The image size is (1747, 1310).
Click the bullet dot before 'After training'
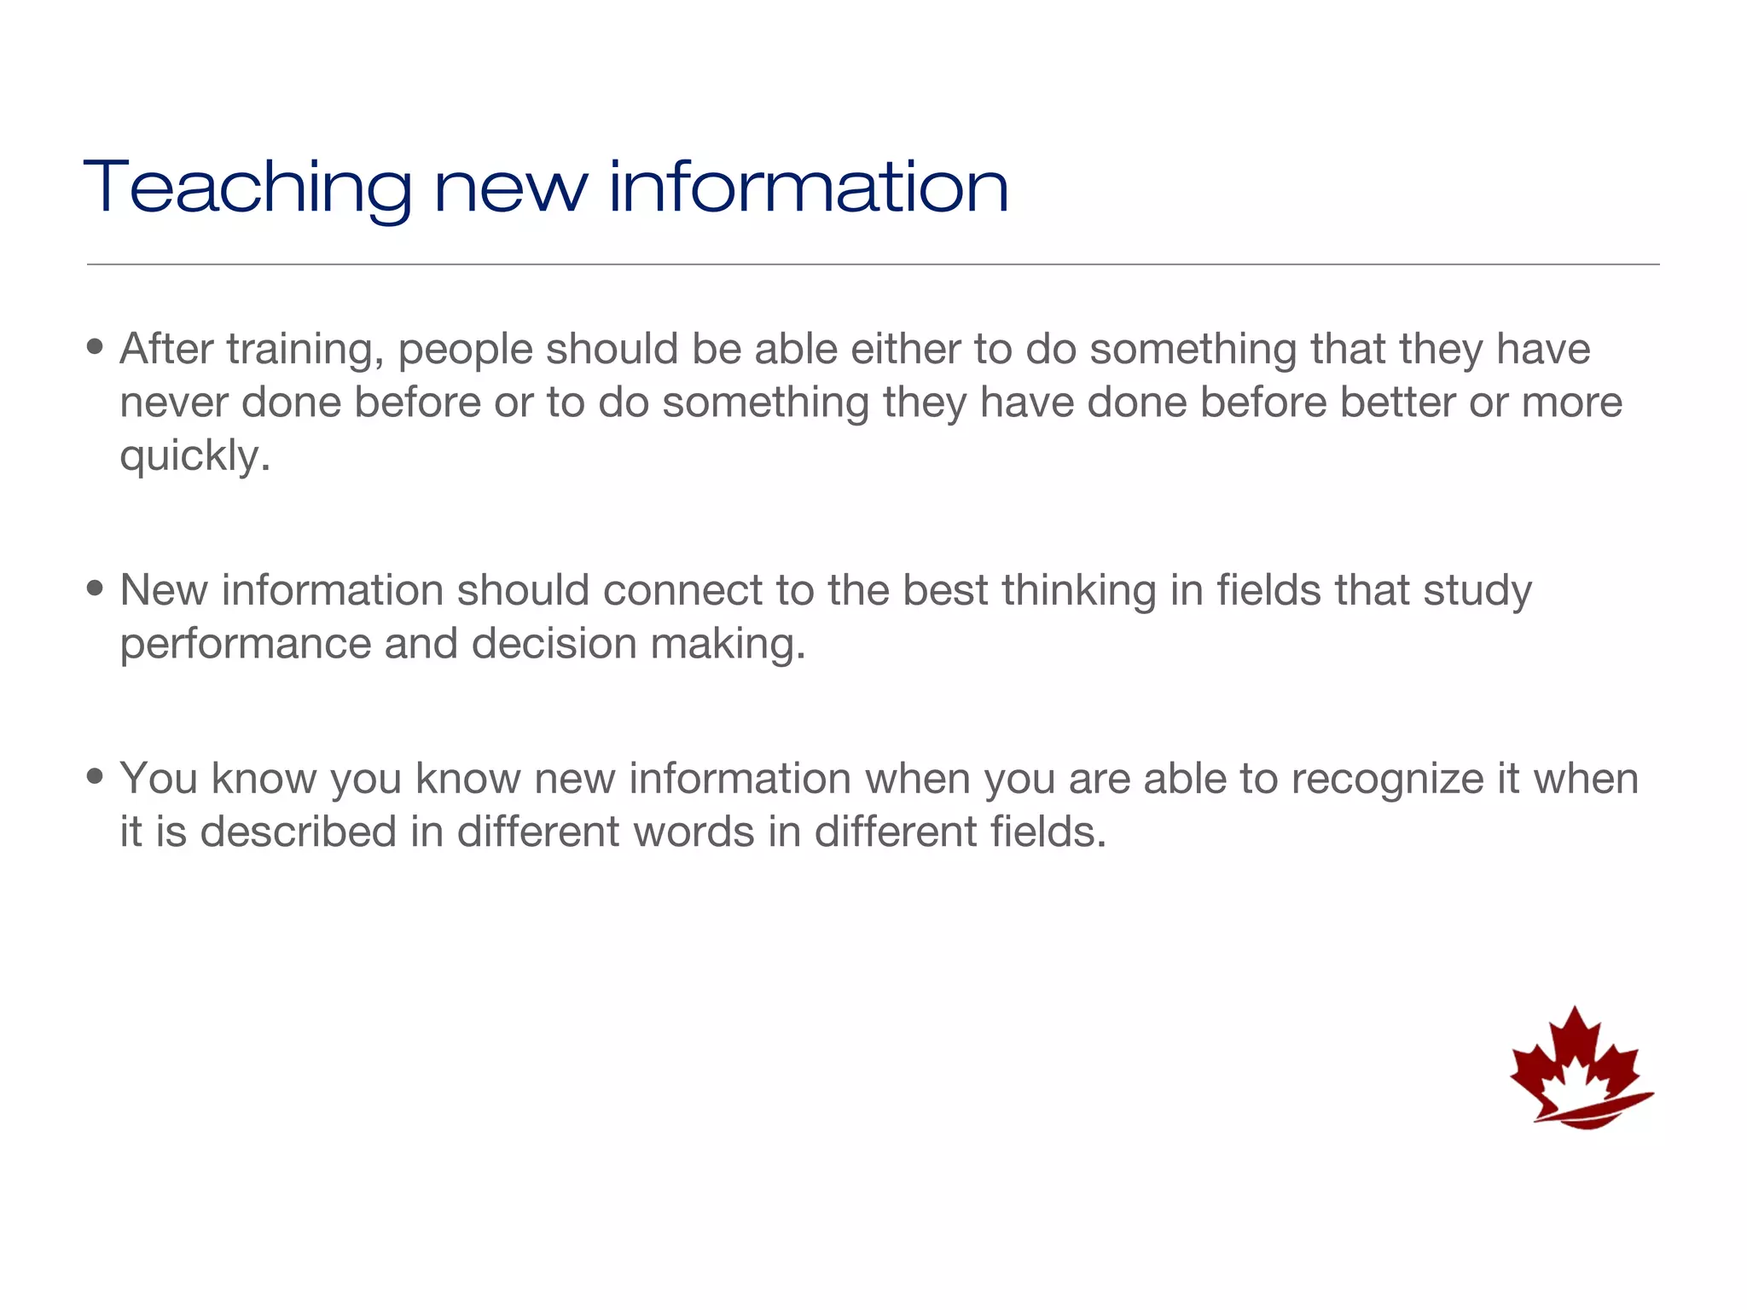coord(95,347)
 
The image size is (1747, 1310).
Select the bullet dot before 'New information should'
coord(95,588)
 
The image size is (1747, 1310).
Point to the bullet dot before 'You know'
coord(95,776)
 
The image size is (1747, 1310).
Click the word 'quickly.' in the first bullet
coord(194,456)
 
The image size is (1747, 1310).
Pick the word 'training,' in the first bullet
coord(305,350)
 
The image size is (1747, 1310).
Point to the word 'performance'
coord(246,644)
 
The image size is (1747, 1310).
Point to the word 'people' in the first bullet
coord(465,350)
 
